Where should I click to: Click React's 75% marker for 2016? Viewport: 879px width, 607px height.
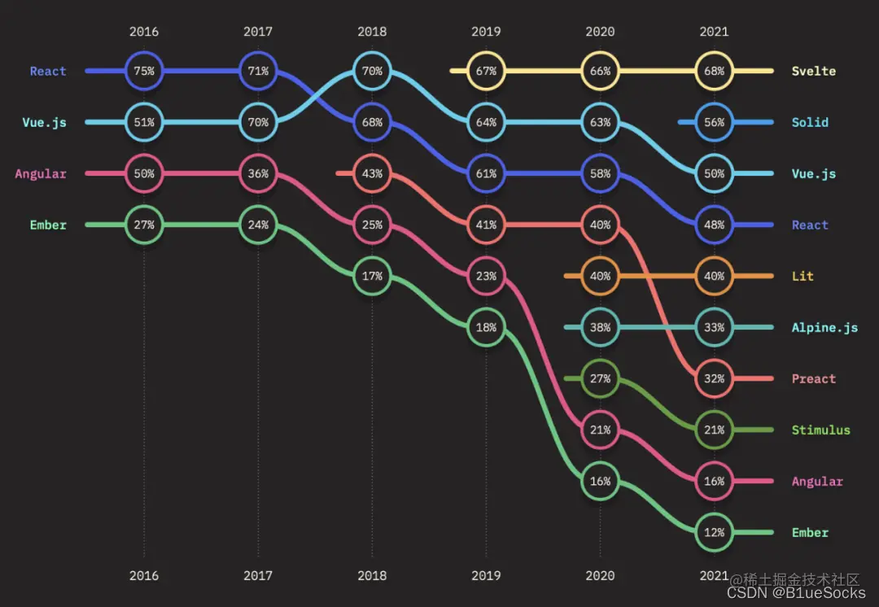pyautogui.click(x=144, y=71)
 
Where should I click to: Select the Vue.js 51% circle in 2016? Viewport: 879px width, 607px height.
pyautogui.click(x=144, y=122)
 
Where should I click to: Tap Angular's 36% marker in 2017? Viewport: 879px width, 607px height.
pyautogui.click(x=258, y=173)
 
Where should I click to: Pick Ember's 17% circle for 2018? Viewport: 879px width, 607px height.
pyautogui.click(x=372, y=276)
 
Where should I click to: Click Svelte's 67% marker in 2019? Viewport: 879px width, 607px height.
pyautogui.click(x=486, y=71)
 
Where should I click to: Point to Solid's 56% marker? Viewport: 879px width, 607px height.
pyautogui.click(x=714, y=122)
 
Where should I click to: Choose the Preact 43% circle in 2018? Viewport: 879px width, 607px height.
pyautogui.click(x=372, y=173)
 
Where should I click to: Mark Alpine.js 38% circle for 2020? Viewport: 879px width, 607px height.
pyautogui.click(x=600, y=327)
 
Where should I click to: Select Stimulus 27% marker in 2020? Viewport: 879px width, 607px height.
pyautogui.click(x=600, y=378)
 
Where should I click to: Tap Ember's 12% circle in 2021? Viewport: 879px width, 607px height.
pyautogui.click(x=714, y=532)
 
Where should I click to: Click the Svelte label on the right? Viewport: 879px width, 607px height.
pyautogui.click(x=813, y=71)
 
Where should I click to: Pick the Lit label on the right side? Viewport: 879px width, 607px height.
pyautogui.click(x=803, y=276)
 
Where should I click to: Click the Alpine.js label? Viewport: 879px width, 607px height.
pyautogui.click(x=824, y=327)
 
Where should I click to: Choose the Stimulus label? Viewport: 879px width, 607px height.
pyautogui.click(x=820, y=430)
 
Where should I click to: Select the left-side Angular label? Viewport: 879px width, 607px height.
pyautogui.click(x=41, y=173)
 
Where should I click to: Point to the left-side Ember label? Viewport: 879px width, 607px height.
pyautogui.click(x=48, y=225)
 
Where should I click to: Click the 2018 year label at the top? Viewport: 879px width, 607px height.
pyautogui.click(x=372, y=32)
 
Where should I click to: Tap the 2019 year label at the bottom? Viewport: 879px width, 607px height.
pyautogui.click(x=486, y=575)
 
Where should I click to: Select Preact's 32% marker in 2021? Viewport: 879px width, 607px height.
pyautogui.click(x=714, y=378)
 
